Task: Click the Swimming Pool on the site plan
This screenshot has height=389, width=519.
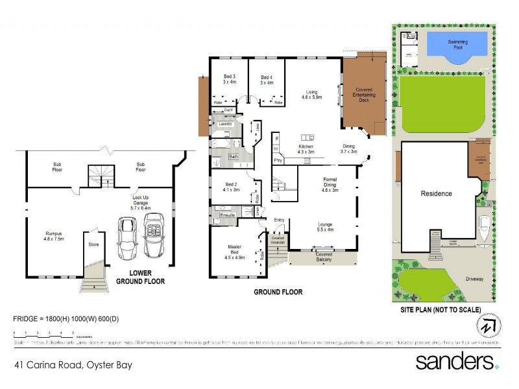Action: pos(457,47)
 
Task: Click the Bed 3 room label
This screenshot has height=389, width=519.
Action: pos(228,80)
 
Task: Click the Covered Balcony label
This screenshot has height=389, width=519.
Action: pos(324,257)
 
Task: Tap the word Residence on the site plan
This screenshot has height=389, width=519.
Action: pos(436,193)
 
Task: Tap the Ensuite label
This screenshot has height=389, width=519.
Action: pos(227,214)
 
